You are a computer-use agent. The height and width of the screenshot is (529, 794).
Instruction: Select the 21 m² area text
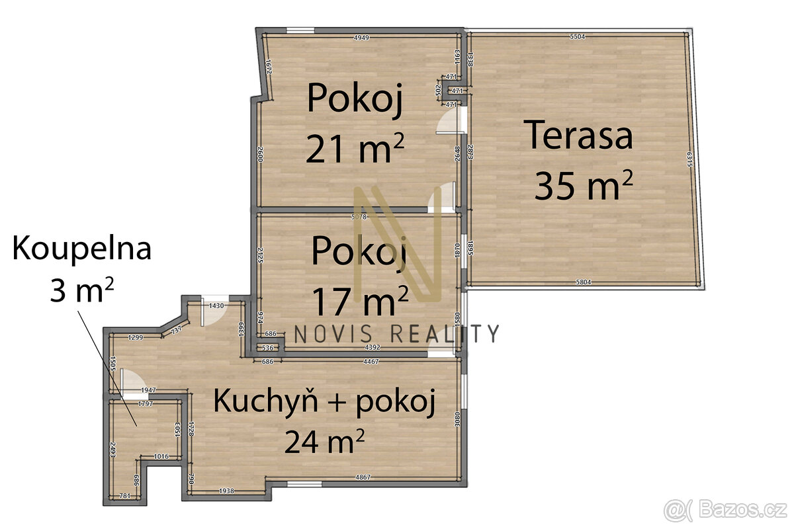click(x=355, y=149)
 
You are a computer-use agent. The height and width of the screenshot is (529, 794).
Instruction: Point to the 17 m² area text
click(x=359, y=302)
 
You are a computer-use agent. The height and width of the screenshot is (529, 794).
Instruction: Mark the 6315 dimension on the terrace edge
click(x=689, y=160)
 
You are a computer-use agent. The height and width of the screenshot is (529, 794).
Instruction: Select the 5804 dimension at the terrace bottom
click(x=583, y=282)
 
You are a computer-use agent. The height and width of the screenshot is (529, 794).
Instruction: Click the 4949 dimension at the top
click(x=361, y=38)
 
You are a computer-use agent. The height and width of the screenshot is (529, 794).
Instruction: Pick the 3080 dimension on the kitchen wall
click(x=457, y=421)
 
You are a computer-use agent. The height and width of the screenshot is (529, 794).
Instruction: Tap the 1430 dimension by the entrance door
click(x=216, y=306)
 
